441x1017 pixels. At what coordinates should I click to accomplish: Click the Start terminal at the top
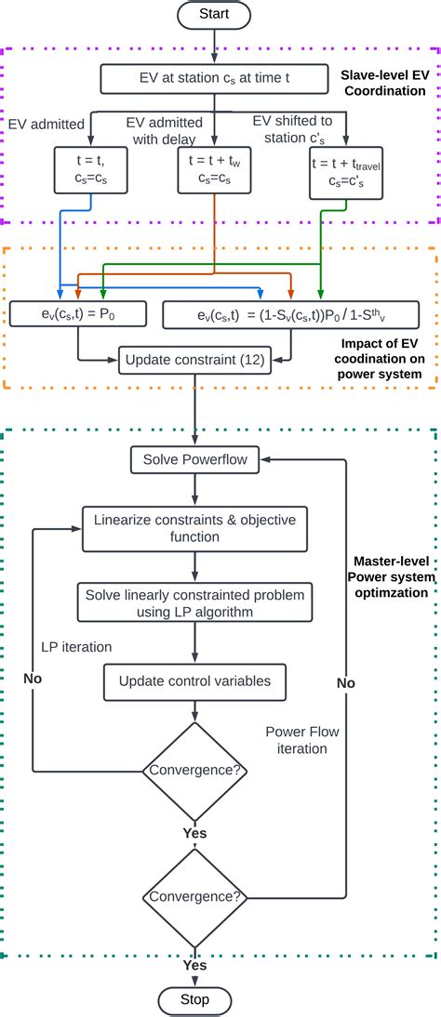(x=215, y=15)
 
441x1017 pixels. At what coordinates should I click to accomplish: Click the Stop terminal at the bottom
(x=194, y=1000)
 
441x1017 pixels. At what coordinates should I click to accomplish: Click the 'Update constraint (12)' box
(x=195, y=359)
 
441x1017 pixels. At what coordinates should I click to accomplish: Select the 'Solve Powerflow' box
(x=194, y=459)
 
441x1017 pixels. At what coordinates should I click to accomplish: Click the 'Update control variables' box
(x=194, y=681)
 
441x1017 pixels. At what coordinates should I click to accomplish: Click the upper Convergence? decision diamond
(x=194, y=769)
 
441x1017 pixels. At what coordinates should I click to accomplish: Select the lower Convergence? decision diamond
(x=194, y=897)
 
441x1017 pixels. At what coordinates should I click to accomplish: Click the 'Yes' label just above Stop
(x=194, y=965)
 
